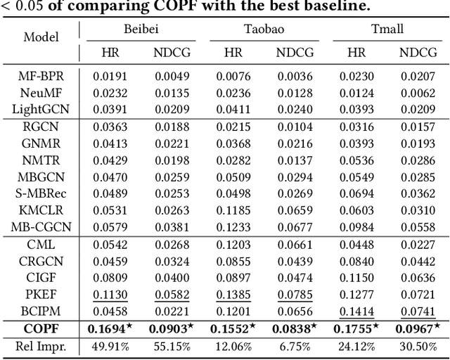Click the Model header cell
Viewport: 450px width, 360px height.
41,37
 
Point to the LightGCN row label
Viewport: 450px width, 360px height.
41,108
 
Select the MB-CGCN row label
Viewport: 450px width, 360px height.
41,226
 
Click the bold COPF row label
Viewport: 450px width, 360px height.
41,328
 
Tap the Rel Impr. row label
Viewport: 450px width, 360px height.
41,345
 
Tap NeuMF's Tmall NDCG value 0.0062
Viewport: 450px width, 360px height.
418,92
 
